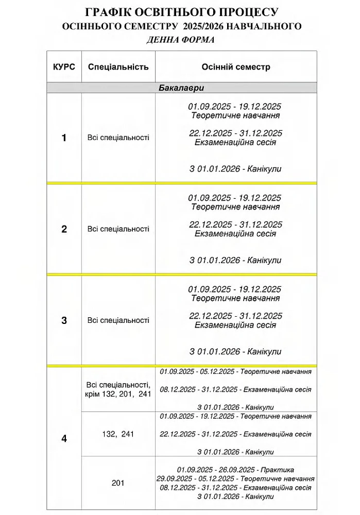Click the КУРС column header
point(64,67)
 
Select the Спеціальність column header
point(118,67)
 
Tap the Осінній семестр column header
point(235,67)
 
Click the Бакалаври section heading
point(181,88)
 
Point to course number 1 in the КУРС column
point(64,138)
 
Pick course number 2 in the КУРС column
point(64,229)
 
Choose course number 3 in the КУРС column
point(64,320)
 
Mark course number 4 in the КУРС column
point(64,439)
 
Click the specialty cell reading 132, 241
point(118,434)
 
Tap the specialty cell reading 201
point(118,483)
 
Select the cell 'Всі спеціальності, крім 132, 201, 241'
point(118,389)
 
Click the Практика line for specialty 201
point(235,470)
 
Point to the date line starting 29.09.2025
point(235,478)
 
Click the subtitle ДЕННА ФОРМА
point(180,40)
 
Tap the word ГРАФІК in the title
point(108,12)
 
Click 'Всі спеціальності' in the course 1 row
point(118,138)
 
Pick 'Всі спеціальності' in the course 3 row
point(118,320)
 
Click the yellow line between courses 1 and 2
point(181,183)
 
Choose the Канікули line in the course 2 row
point(235,261)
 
